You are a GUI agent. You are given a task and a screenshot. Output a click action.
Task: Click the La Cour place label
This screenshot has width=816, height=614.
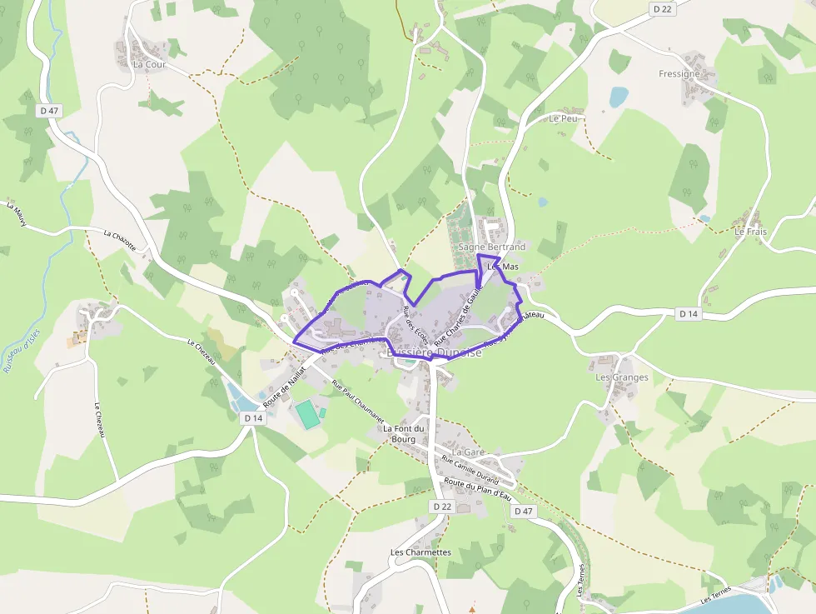(149, 64)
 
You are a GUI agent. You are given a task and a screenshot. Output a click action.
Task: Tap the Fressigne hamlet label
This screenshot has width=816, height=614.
(679, 74)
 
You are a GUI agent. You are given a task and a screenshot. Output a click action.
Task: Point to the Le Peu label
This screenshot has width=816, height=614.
(563, 119)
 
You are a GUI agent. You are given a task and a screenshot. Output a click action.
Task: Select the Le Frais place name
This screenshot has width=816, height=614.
(750, 232)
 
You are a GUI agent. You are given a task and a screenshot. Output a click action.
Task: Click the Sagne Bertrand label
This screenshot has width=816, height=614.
(492, 247)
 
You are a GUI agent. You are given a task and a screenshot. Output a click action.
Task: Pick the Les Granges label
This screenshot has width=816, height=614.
(622, 377)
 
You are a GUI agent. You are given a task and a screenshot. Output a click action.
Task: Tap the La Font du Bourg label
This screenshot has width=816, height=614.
(404, 434)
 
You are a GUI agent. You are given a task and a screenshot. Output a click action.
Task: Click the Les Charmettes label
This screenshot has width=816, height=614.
(420, 552)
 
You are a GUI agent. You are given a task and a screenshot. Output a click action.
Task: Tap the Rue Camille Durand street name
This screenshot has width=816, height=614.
(470, 471)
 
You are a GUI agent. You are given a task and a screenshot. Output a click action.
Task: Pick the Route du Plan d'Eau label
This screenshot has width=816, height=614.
(477, 490)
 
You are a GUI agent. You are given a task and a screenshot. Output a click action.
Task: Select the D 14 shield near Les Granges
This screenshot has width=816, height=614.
(688, 314)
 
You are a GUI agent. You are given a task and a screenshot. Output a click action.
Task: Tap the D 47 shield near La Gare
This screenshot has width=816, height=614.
(523, 511)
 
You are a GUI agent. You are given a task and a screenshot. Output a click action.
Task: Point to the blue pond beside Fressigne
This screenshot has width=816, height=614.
(618, 97)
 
